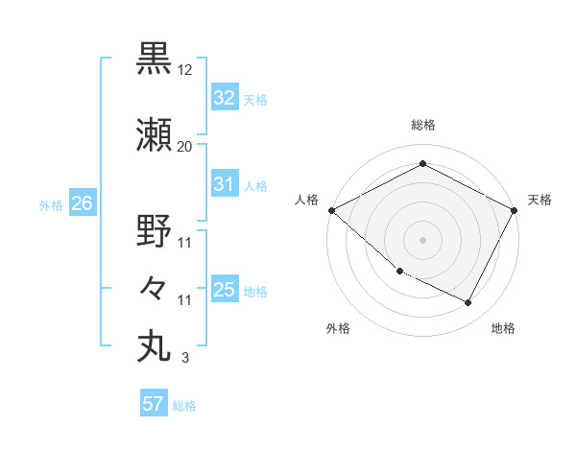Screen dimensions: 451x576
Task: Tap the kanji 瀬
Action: pyautogui.click(x=154, y=134)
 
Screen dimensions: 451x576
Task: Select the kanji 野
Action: pyautogui.click(x=154, y=231)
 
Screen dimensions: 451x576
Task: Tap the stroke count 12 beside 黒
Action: pyautogui.click(x=185, y=70)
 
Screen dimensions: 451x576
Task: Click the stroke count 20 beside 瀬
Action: pyautogui.click(x=184, y=147)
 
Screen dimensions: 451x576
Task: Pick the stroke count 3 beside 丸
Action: pyautogui.click(x=184, y=358)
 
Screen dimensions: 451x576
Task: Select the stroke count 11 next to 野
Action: pyautogui.click(x=184, y=243)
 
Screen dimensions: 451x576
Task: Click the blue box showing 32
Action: pyautogui.click(x=225, y=98)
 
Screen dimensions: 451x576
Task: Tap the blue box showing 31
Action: pyautogui.click(x=225, y=184)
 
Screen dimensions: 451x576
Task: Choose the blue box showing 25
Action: pyautogui.click(x=225, y=290)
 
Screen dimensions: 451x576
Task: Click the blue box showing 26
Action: pyautogui.click(x=82, y=203)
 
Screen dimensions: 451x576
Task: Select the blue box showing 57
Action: pyautogui.click(x=154, y=404)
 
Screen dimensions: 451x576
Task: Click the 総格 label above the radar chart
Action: pyautogui.click(x=423, y=125)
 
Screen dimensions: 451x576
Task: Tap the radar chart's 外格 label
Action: pyautogui.click(x=338, y=328)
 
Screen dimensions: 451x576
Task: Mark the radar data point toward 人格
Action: pyautogui.click(x=331, y=210)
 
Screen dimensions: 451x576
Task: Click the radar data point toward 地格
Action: pyautogui.click(x=468, y=303)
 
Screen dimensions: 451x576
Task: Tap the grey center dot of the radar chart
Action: pyautogui.click(x=423, y=240)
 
